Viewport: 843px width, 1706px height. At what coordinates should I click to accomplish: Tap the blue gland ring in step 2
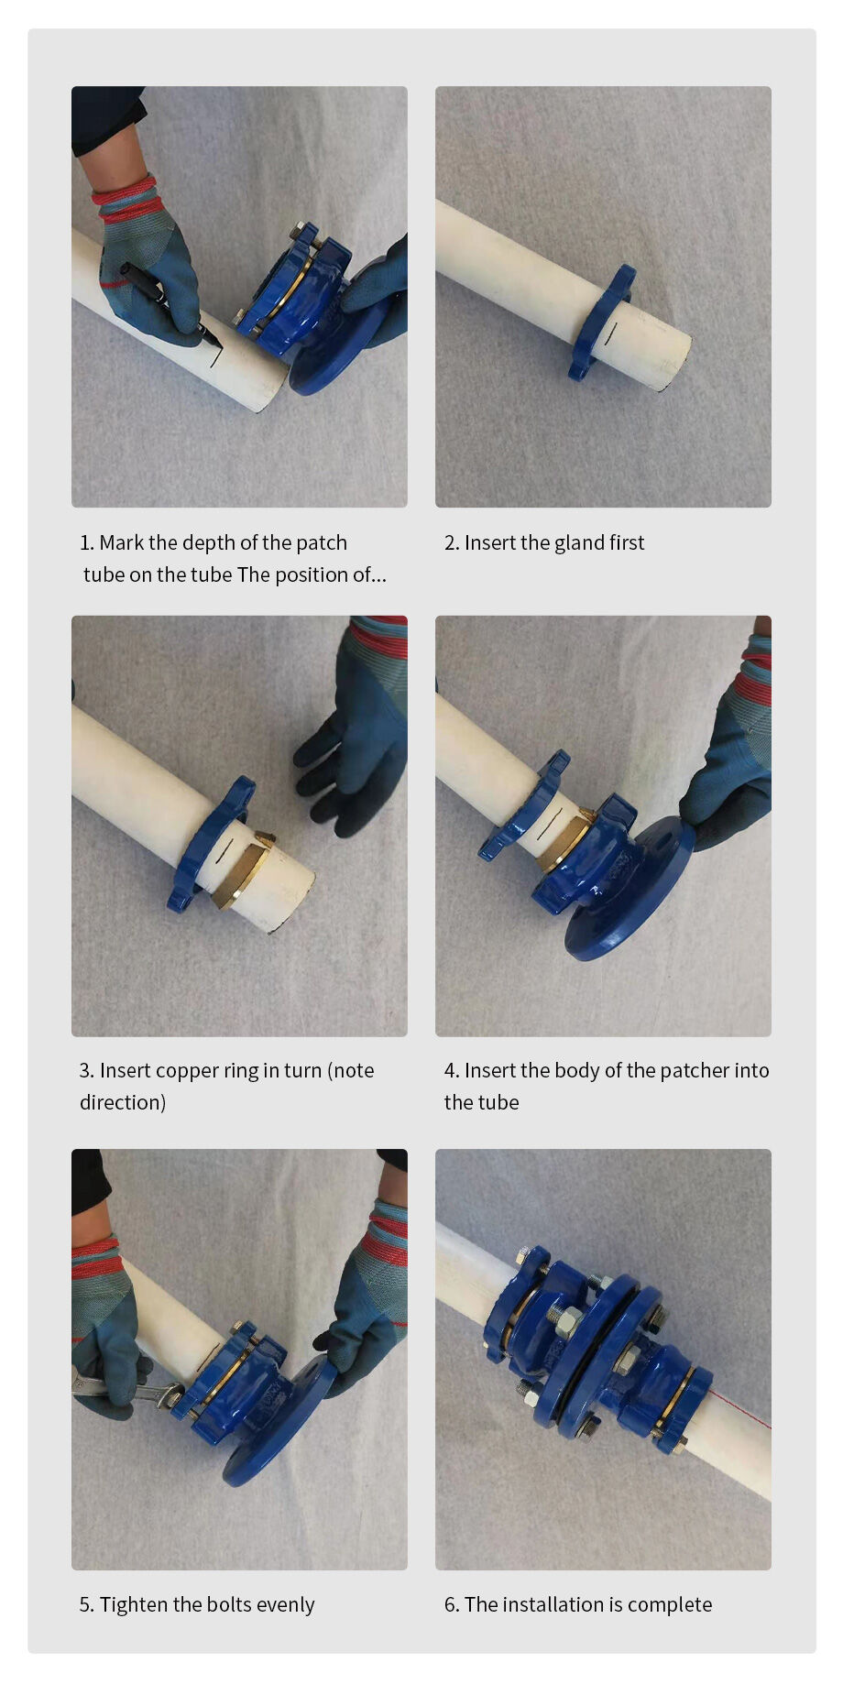(x=601, y=322)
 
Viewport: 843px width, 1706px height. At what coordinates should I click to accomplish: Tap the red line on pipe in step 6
(x=738, y=1406)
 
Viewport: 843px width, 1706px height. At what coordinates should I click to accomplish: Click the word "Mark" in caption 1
(x=122, y=542)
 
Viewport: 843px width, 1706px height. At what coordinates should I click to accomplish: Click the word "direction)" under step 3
(x=123, y=1102)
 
